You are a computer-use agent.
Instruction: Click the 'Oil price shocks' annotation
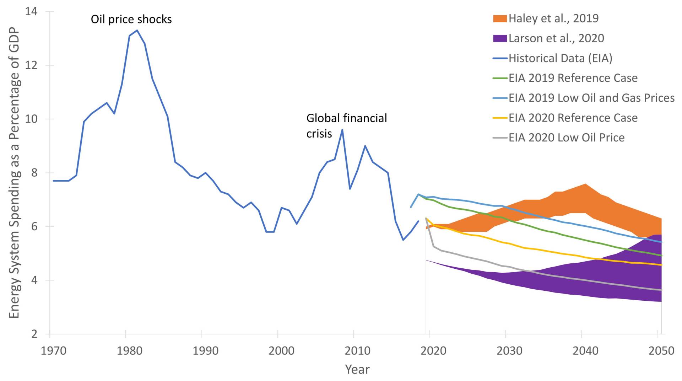131,19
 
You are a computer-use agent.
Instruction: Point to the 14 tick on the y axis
31,11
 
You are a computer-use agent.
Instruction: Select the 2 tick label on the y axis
34,334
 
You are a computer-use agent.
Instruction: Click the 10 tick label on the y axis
31,119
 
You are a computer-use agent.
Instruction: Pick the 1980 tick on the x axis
130,351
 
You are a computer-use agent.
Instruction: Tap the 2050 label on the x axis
661,351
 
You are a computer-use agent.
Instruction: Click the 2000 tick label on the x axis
281,351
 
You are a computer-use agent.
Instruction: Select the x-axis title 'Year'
357,370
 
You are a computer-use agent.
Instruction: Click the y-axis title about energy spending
14,173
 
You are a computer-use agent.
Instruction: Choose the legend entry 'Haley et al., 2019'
553,18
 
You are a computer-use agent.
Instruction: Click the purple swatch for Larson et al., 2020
500,38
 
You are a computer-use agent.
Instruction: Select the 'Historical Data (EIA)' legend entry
560,58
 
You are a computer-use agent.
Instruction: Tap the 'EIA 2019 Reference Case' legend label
573,78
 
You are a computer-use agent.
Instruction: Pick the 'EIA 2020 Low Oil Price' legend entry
566,138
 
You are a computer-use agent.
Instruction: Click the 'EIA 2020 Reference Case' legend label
573,118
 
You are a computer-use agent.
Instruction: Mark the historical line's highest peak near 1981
137,30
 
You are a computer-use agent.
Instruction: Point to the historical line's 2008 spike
342,129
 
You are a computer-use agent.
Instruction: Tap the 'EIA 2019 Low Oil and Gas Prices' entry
591,98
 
